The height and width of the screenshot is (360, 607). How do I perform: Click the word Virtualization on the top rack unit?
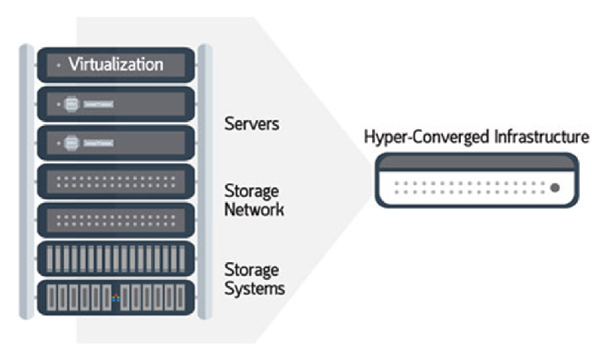point(116,65)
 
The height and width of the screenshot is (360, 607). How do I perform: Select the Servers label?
point(252,124)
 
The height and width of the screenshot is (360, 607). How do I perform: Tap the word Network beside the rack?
point(254,210)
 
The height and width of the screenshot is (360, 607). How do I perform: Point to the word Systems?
point(254,289)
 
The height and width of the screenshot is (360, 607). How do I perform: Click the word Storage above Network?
point(252,192)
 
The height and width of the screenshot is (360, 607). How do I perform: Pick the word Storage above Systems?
point(252,269)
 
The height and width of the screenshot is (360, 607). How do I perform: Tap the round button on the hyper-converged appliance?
point(555,188)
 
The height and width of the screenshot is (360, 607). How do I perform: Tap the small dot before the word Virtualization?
point(59,65)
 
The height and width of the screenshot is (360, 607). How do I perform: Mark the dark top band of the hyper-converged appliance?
point(476,163)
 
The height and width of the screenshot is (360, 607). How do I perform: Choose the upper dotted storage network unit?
point(116,182)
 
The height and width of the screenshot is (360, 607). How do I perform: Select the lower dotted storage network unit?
point(116,220)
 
